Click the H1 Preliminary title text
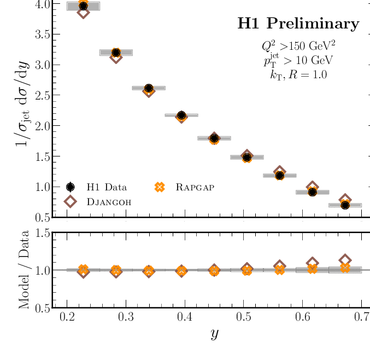point(298,24)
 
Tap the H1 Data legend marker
point(70,187)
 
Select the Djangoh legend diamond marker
point(70,201)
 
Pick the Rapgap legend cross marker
point(160,187)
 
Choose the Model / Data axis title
point(25,270)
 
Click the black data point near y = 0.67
point(345,205)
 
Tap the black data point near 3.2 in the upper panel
point(116,53)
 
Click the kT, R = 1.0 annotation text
point(299,75)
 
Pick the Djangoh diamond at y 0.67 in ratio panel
point(345,260)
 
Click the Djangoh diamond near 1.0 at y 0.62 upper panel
point(313,187)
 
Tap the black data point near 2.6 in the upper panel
point(149,88)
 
